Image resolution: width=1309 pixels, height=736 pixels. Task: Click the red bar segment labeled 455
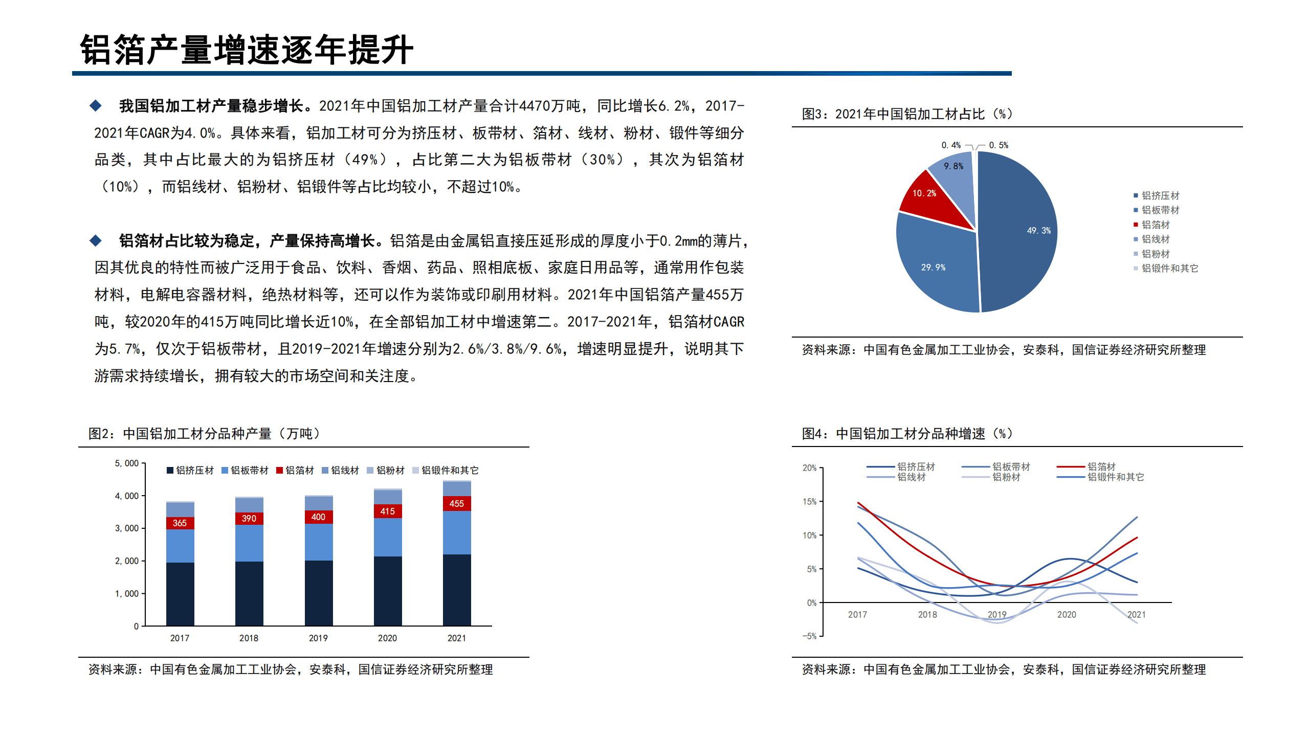tap(456, 503)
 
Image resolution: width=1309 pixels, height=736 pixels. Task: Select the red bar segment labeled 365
tap(180, 523)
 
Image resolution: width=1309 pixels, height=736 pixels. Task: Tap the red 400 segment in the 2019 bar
tap(318, 517)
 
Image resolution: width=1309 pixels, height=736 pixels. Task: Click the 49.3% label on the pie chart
tap(1038, 231)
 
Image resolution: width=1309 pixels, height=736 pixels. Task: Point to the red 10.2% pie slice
tap(928, 199)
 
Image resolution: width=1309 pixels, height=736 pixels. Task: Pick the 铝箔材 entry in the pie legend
tap(1155, 225)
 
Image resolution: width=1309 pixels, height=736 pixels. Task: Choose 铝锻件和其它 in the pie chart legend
tap(1169, 268)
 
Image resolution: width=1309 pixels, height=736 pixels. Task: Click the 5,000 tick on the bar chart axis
tap(126, 463)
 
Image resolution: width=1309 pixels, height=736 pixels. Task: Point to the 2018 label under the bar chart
tap(249, 638)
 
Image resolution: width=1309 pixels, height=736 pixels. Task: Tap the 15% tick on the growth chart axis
tap(809, 501)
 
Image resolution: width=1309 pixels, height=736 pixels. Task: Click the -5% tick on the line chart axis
tap(809, 636)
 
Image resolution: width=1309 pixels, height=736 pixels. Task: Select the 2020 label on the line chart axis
tap(1067, 614)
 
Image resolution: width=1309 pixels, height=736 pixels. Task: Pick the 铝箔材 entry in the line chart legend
tap(1101, 466)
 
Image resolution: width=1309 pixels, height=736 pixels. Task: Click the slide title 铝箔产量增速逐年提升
tap(247, 50)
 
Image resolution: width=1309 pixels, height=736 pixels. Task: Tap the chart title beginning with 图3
tap(907, 114)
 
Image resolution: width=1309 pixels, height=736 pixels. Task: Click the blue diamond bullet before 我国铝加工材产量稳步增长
tap(96, 106)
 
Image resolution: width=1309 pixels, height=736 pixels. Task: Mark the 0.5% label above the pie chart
tap(999, 145)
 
